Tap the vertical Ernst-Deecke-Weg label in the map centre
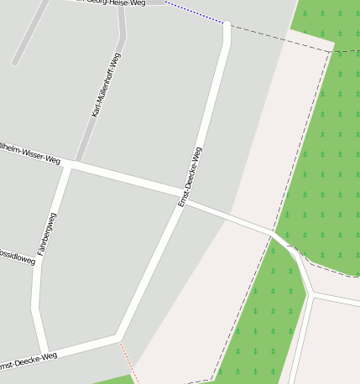click(190, 177)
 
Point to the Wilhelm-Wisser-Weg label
click(30, 152)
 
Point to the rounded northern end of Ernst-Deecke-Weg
click(227, 25)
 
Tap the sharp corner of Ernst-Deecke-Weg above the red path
click(117, 338)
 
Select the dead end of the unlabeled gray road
click(14, 63)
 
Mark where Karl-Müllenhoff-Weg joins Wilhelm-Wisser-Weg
click(79, 161)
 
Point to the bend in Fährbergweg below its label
click(35, 307)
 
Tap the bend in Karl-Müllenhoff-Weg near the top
click(123, 35)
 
